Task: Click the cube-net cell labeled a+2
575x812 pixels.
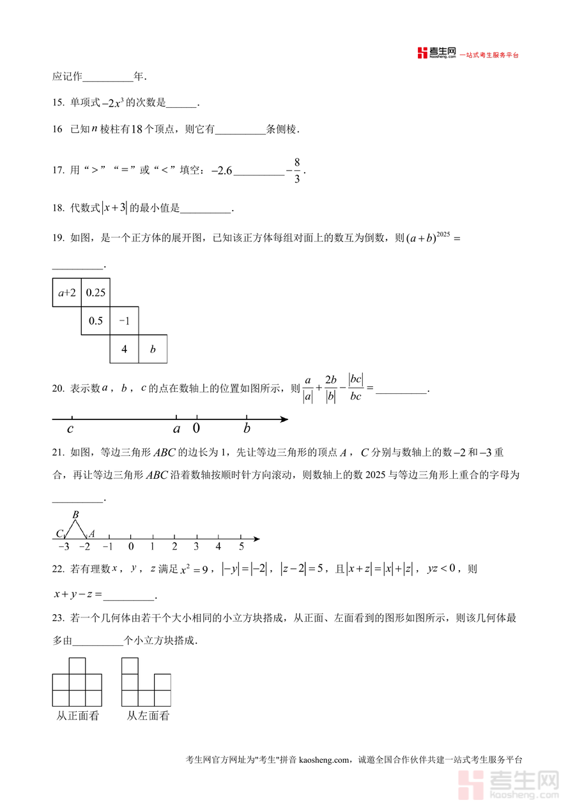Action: coord(66,293)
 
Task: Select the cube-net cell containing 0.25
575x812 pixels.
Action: coord(95,293)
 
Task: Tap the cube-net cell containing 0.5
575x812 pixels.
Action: coord(95,321)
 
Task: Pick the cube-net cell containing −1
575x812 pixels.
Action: coord(124,321)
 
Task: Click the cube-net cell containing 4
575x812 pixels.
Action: coord(124,349)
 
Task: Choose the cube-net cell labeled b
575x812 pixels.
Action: coord(153,349)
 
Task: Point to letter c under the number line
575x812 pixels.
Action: coord(70,428)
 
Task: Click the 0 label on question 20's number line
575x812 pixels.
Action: coord(196,428)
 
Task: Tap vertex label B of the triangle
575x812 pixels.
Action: coord(75,515)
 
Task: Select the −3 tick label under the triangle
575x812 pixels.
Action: coord(63,546)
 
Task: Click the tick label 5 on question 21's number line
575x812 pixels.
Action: coord(241,546)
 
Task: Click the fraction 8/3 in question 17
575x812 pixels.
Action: coord(297,170)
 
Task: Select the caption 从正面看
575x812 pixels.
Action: coord(78,716)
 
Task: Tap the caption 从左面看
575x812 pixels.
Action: coord(148,716)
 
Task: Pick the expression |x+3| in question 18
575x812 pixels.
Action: coord(115,207)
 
